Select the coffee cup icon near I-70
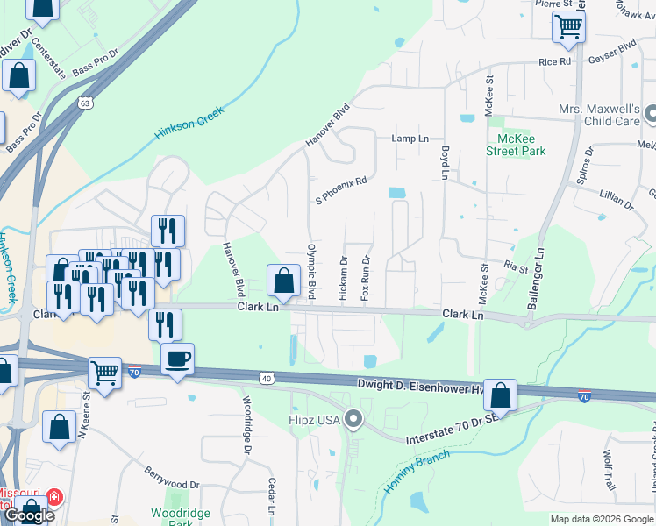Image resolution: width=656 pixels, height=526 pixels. click(x=178, y=359)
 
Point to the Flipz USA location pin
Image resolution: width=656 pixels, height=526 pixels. click(x=353, y=420)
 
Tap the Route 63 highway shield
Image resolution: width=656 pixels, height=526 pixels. click(x=85, y=103)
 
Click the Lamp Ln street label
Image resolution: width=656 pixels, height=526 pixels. click(x=410, y=139)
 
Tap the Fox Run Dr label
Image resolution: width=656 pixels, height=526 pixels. click(x=366, y=280)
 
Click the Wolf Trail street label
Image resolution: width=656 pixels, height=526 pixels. click(x=609, y=470)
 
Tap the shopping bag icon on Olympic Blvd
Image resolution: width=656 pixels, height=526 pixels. click(x=283, y=282)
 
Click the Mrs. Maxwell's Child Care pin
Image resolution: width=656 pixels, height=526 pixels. click(x=651, y=115)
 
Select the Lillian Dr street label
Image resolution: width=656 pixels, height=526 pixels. click(x=616, y=203)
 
